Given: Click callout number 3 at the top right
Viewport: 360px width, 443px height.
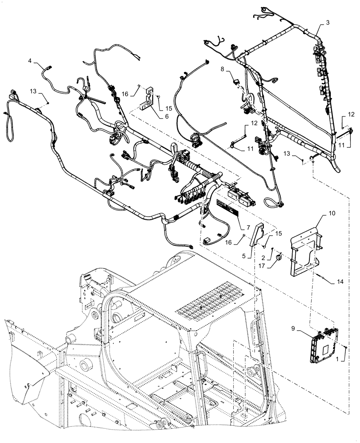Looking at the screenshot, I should coord(327,22).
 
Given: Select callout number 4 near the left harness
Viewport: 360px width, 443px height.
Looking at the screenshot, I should coord(30,60).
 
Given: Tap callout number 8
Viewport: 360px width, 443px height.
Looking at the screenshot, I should coord(223,70).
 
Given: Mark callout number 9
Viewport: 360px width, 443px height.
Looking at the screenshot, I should coord(293,329).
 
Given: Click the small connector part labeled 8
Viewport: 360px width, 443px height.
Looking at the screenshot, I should coord(235,81).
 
